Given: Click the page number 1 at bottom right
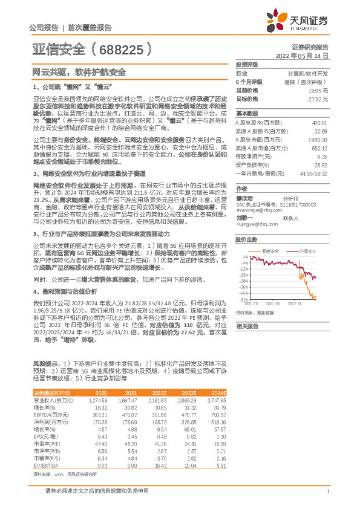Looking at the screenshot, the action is coord(327,491).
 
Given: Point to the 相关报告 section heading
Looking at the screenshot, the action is coord(247,326).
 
